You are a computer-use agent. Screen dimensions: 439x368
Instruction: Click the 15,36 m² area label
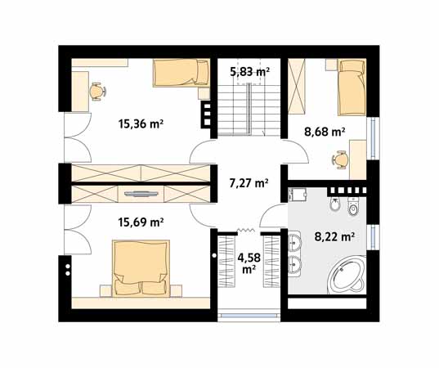(141, 123)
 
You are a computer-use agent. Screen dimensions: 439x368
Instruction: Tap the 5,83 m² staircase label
(249, 72)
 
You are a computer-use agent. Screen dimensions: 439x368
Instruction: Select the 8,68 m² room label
(325, 132)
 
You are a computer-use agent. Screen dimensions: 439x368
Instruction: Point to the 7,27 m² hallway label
(249, 183)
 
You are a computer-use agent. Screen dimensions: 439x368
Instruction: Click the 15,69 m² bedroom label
(141, 222)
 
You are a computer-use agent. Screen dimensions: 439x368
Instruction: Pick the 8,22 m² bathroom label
(335, 237)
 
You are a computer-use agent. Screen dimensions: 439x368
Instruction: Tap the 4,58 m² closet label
(249, 263)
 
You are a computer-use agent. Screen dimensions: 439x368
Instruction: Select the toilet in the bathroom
(353, 206)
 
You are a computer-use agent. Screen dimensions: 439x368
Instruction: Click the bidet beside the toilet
(334, 204)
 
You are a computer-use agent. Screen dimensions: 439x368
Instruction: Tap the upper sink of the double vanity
(294, 242)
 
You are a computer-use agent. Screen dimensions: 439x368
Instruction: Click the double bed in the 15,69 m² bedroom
(141, 268)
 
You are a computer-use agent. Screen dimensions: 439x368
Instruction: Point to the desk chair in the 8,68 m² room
(340, 159)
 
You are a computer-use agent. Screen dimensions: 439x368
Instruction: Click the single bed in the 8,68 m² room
(352, 87)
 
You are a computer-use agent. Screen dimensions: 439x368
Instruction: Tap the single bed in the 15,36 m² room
(181, 72)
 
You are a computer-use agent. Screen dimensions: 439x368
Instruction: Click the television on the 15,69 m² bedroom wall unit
(141, 193)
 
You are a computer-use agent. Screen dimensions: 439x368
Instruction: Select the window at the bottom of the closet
(249, 316)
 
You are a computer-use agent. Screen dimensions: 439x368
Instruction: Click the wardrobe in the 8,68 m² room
(297, 86)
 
